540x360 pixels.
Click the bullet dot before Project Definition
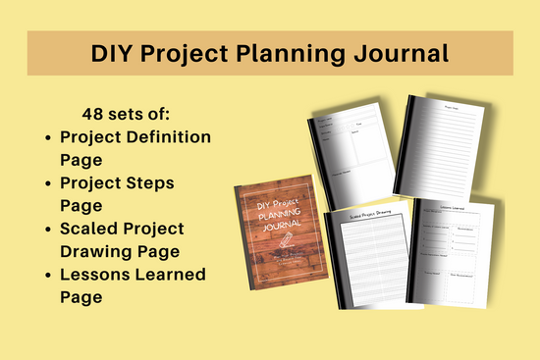pyautogui.click(x=49, y=136)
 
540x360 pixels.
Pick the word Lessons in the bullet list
pyautogui.click(x=94, y=274)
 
